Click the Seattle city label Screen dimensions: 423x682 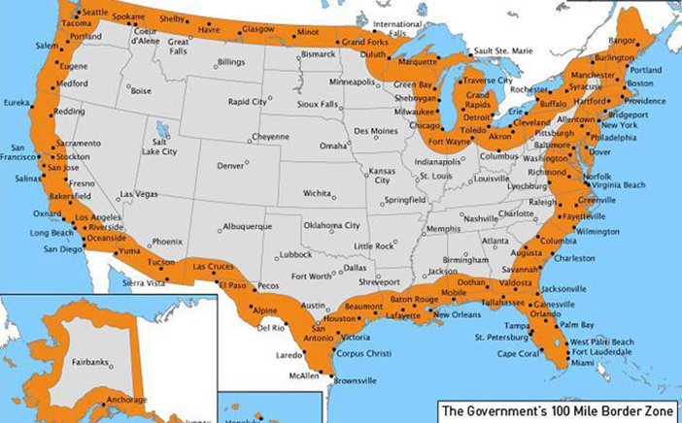[x=95, y=12]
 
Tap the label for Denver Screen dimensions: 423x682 [x=230, y=166]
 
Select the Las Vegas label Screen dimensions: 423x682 [x=139, y=194]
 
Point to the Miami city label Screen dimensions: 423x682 [x=583, y=362]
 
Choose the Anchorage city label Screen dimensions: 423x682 [x=127, y=399]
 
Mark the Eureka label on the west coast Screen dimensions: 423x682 [x=17, y=102]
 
